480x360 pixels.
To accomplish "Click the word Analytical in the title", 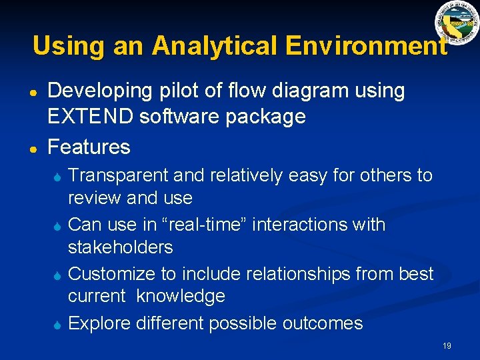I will (215, 46).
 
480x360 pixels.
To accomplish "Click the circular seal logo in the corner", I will (457, 23).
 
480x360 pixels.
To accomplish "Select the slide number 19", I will (447, 345).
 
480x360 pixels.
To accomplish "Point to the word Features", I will (89, 146).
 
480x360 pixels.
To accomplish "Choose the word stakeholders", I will (121, 247).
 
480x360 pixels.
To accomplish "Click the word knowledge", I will (181, 296).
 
